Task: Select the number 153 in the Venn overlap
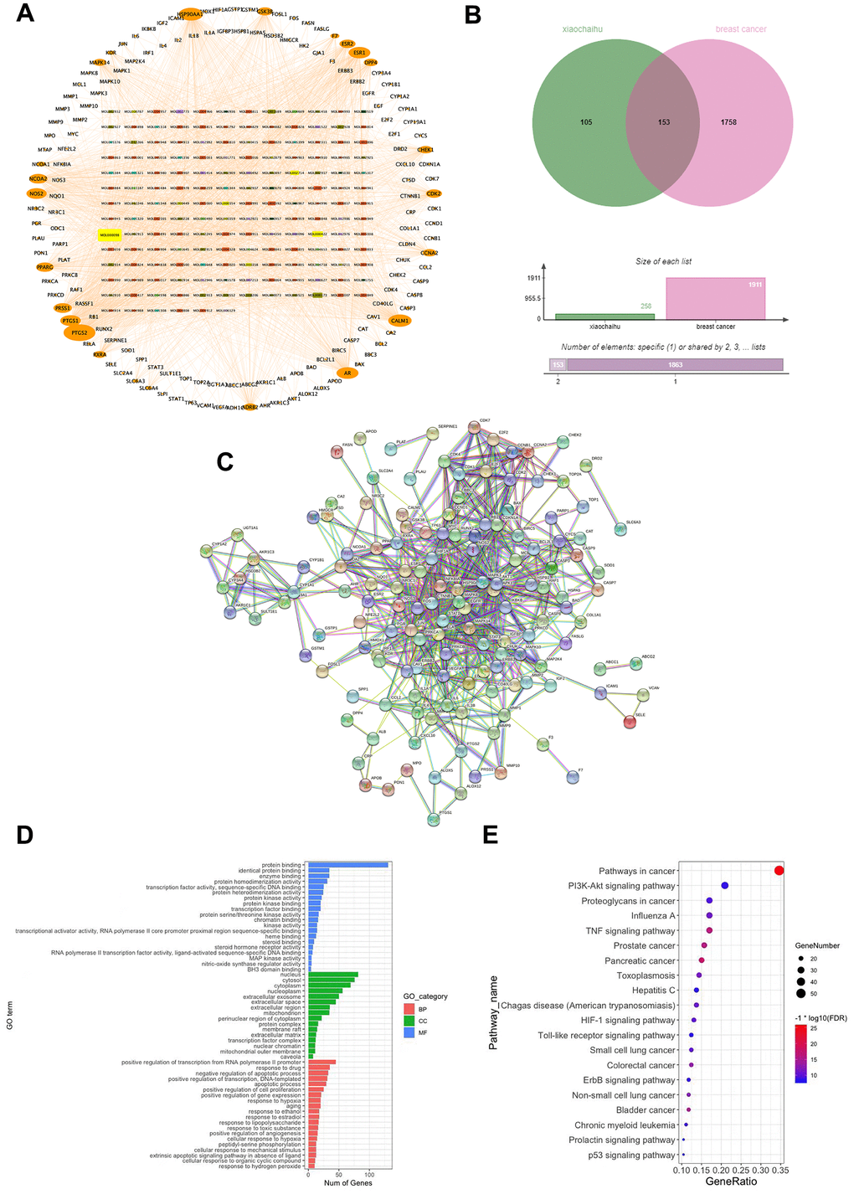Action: [663, 122]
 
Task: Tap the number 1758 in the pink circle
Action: [728, 122]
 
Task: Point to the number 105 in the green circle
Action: [585, 122]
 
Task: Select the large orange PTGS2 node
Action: [80, 332]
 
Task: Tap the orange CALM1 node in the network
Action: [399, 321]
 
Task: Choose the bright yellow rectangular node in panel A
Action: [110, 235]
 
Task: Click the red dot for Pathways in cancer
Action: [779, 871]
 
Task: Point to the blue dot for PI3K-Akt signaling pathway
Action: [725, 885]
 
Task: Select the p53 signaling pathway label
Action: [633, 1155]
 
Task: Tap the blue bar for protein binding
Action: [348, 865]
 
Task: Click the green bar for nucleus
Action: [333, 975]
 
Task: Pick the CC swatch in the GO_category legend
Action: [409, 1021]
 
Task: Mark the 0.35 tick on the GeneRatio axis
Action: [779, 1170]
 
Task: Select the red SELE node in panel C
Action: [630, 723]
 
